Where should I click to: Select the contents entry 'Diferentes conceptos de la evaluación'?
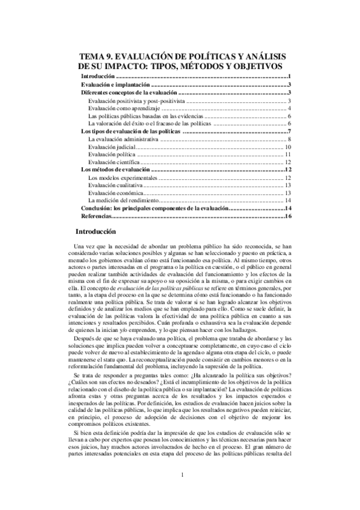tap(129, 93)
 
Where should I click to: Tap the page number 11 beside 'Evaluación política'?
tap(288, 155)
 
